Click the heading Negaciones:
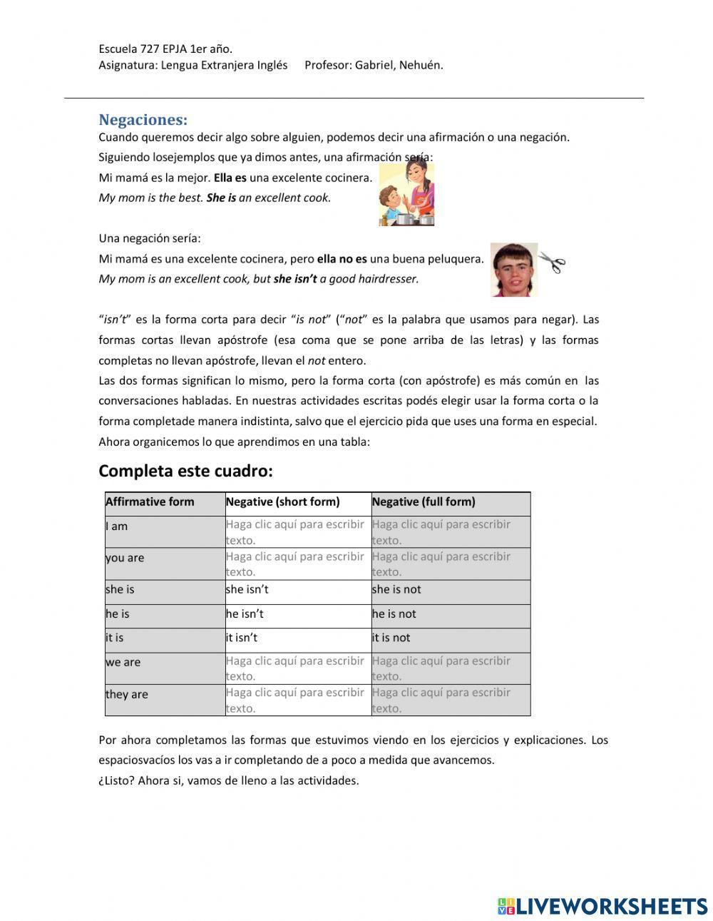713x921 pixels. (143, 119)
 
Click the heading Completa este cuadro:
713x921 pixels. (185, 471)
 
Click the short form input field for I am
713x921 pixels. (297, 532)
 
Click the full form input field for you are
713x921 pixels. (451, 564)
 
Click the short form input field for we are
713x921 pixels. (297, 668)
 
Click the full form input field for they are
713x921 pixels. (451, 700)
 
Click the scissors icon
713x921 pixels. (551, 263)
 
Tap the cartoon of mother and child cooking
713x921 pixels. (406, 194)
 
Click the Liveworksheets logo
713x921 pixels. (602, 906)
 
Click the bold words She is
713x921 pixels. (221, 198)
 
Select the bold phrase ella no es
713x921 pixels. (342, 259)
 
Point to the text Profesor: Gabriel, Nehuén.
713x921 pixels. (374, 65)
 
